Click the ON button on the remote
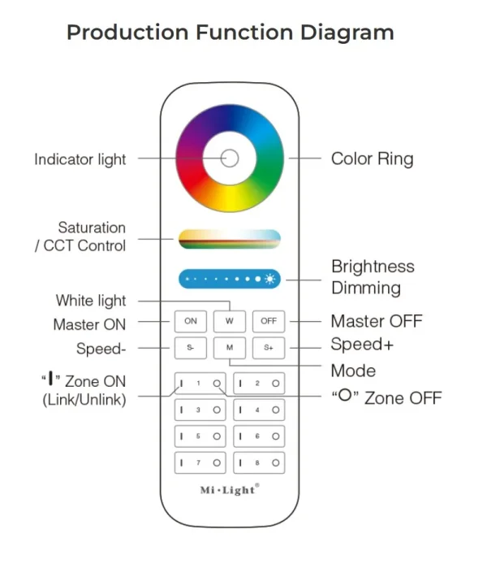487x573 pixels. (x=191, y=321)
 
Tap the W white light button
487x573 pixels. (x=230, y=321)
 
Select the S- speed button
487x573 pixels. (x=191, y=349)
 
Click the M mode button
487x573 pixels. (x=230, y=349)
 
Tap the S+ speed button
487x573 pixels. (x=269, y=349)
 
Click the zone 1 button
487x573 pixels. (x=200, y=383)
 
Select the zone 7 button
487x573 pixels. (x=200, y=463)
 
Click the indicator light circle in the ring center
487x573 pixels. (x=230, y=158)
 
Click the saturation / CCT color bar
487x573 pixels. (x=230, y=237)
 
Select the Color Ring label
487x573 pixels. (x=372, y=158)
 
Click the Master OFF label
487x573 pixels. (x=376, y=321)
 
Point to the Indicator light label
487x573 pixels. (x=80, y=159)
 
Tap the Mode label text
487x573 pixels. (x=353, y=371)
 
